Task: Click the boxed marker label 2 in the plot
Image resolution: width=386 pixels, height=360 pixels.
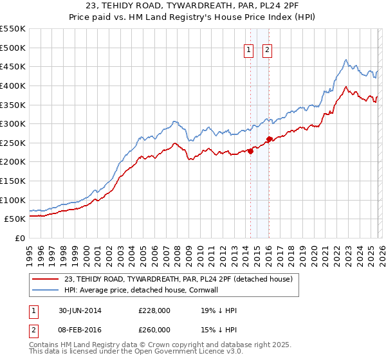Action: pos(267,53)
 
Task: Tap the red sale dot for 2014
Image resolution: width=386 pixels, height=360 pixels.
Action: pos(250,151)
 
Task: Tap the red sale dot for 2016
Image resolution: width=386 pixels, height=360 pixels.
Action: pos(269,139)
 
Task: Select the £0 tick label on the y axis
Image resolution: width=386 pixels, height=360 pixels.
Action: pos(19,238)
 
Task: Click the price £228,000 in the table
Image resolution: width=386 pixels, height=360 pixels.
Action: pos(154,310)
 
